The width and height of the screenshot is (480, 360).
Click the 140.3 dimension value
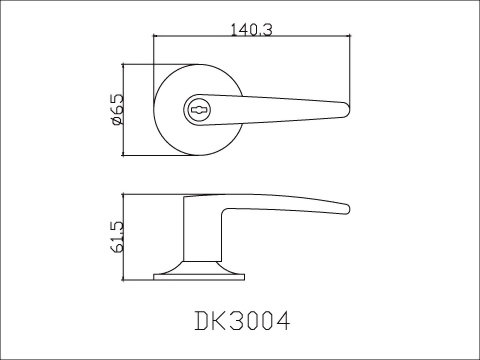252,30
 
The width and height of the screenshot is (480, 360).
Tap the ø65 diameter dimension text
118,110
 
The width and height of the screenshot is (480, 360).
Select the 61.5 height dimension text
117,237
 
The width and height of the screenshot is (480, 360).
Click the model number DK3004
242,321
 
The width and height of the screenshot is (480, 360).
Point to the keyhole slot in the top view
198,110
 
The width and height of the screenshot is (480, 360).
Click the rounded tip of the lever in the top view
347,110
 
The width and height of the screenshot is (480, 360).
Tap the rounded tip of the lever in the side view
347,209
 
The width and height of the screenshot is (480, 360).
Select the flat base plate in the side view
199,277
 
